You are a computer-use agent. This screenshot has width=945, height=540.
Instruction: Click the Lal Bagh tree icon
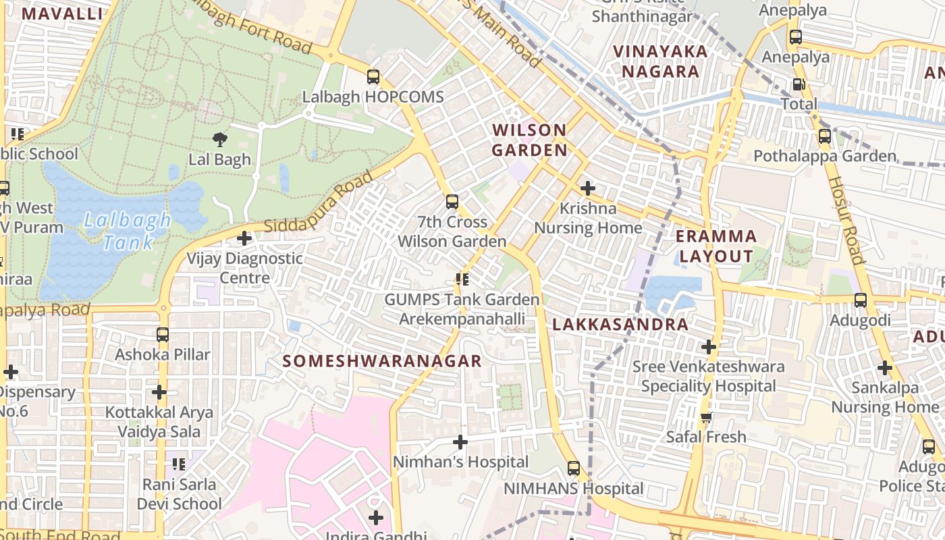219,140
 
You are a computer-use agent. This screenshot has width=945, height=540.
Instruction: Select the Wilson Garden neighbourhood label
529,140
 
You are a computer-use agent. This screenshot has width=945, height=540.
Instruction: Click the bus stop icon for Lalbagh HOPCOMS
373,77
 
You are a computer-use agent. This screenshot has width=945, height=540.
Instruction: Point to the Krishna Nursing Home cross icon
588,188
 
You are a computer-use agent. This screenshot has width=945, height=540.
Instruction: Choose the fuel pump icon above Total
799,84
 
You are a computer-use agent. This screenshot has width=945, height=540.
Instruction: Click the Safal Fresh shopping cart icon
706,417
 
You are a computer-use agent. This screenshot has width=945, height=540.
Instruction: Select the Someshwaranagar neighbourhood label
382,361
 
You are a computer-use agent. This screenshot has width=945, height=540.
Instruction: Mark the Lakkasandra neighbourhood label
620,325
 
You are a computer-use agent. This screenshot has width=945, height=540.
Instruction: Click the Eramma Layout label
716,246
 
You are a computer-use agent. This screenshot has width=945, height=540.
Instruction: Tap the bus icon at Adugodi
860,300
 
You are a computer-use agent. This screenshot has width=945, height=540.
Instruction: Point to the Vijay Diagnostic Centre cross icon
244,238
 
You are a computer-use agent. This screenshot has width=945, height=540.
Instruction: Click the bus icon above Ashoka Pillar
162,335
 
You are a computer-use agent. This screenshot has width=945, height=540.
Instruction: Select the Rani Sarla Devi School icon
179,464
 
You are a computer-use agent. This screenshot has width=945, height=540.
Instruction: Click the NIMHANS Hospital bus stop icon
574,468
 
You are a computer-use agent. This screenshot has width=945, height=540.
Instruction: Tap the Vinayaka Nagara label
660,61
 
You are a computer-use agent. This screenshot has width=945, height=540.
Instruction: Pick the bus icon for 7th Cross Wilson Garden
452,202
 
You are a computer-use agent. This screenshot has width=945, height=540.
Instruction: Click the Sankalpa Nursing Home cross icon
884,369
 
